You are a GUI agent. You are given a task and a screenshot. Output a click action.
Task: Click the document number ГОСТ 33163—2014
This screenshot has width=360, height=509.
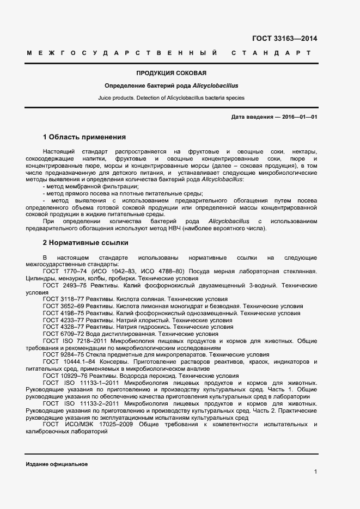285,39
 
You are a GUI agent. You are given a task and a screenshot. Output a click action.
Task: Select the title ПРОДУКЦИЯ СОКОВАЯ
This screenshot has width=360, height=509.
171,73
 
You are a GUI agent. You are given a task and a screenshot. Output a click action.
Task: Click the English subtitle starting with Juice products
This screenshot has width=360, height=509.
171,98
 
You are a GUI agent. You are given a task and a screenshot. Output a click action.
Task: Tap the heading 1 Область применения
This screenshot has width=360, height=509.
84,137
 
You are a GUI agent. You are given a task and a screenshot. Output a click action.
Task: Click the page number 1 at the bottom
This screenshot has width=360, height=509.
315,471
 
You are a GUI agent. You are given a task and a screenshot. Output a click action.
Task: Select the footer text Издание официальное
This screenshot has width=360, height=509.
57,464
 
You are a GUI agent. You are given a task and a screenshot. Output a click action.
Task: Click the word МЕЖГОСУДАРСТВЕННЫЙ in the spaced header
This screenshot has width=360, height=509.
123,53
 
